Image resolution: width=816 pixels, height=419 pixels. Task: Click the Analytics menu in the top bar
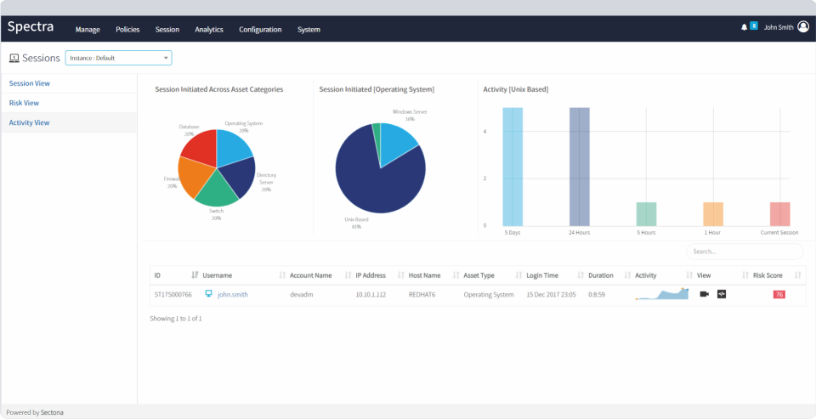(x=208, y=30)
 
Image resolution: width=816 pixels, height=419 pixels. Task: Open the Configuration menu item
(x=260, y=30)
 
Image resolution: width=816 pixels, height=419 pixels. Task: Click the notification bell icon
(x=745, y=27)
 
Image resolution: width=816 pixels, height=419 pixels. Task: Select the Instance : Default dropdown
(x=118, y=58)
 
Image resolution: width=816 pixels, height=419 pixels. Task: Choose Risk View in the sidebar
(x=24, y=103)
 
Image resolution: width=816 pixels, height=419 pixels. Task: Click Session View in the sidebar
(x=29, y=83)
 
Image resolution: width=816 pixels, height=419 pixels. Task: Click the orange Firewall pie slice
(x=194, y=177)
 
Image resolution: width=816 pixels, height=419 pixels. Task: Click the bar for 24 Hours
(x=579, y=166)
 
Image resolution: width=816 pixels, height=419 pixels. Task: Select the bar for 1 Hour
(x=712, y=213)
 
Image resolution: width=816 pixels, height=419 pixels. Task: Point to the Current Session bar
(x=779, y=213)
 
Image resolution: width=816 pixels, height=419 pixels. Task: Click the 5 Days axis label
(x=513, y=232)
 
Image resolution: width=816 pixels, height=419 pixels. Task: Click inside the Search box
(x=744, y=252)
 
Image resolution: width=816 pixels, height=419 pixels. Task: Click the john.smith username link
(x=234, y=295)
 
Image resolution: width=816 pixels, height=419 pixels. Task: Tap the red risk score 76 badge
(x=779, y=295)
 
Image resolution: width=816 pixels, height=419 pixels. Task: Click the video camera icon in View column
(x=704, y=294)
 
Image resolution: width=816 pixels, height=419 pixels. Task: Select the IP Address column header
(x=371, y=275)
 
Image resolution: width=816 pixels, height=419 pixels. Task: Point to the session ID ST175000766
(x=173, y=295)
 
